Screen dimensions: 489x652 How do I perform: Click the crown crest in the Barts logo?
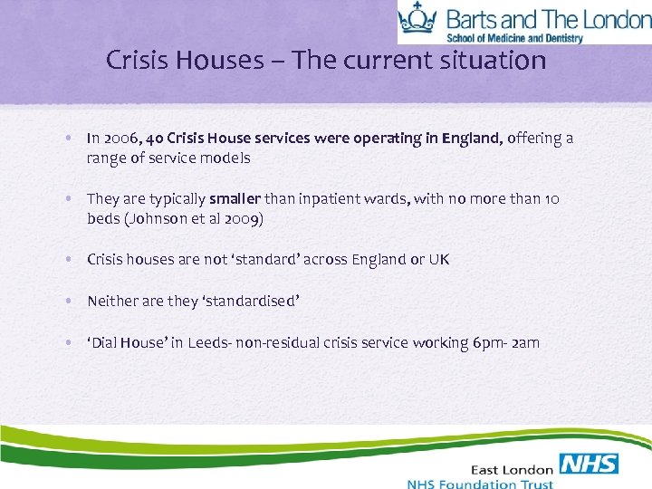[x=418, y=20]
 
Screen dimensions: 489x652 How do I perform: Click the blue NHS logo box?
[x=589, y=465]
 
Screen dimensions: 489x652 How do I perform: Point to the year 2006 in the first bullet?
[x=117, y=139]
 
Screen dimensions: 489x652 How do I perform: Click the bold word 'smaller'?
[x=235, y=198]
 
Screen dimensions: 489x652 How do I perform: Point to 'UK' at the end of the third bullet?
[x=439, y=259]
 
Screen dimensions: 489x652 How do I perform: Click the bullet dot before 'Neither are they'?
[x=71, y=301]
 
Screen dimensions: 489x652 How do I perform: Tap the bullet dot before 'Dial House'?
[x=71, y=342]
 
